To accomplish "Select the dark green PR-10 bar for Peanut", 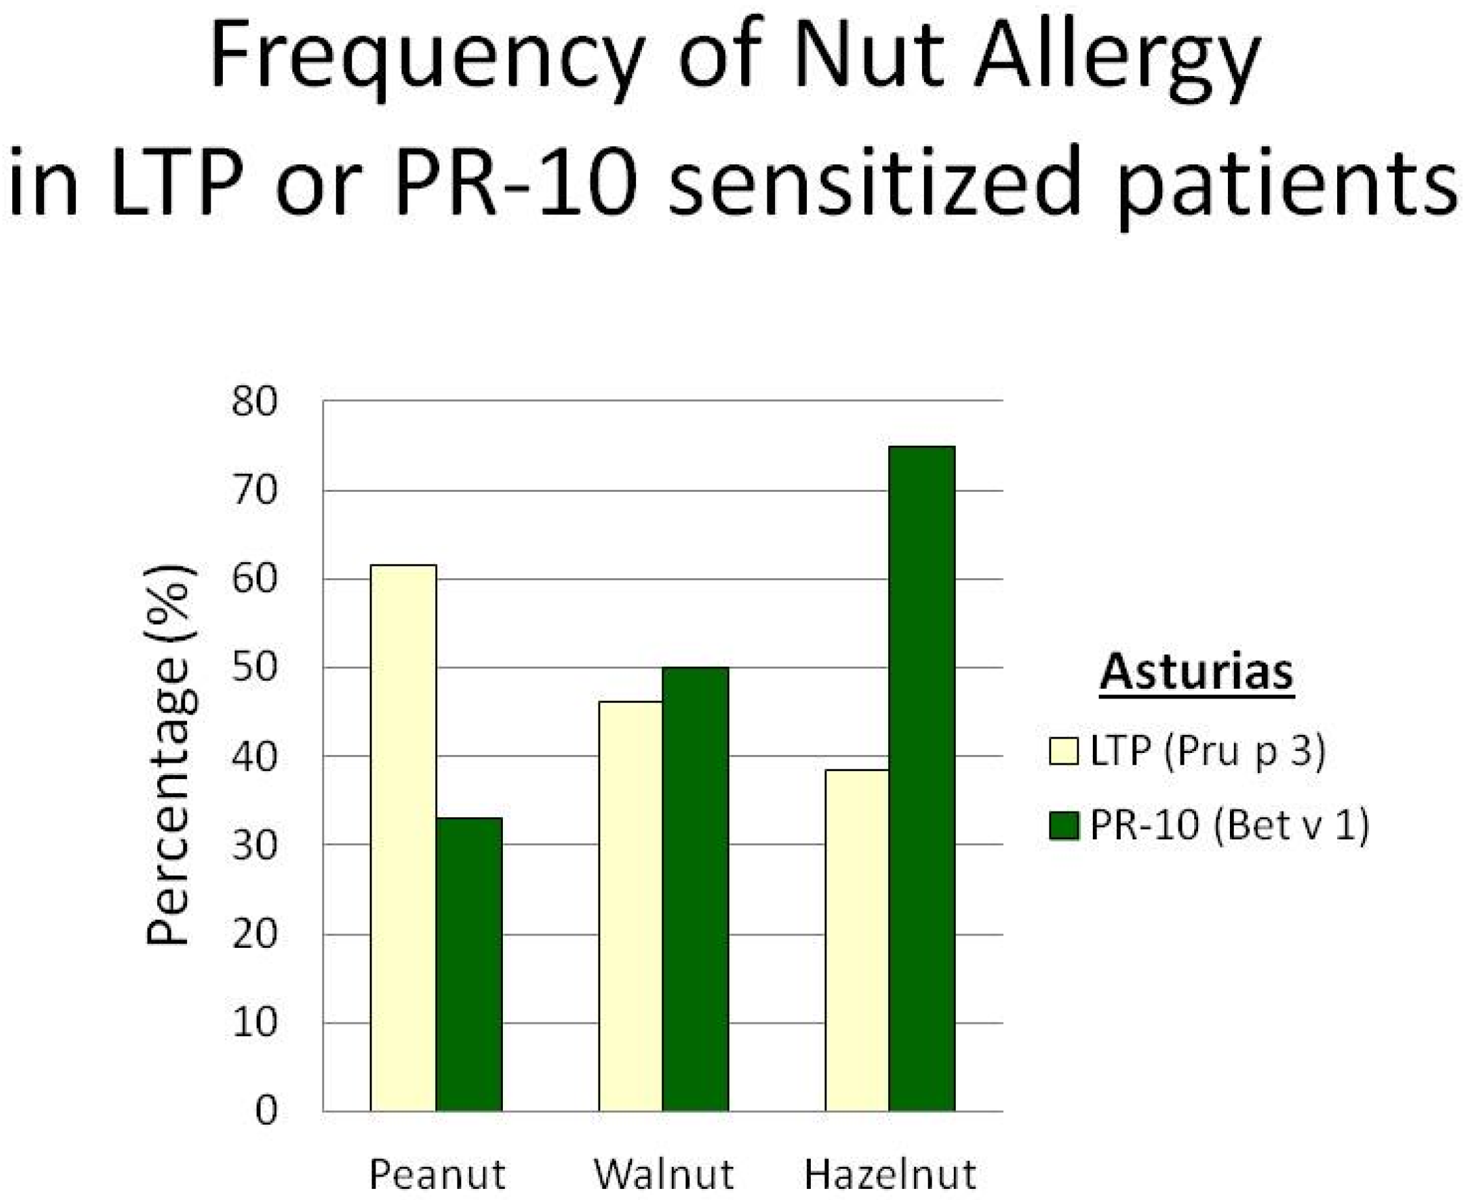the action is coord(469,964).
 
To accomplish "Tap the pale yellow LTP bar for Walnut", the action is coord(630,906).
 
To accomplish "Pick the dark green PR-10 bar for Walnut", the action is coord(695,889).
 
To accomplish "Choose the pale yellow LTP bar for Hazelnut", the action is coord(857,940).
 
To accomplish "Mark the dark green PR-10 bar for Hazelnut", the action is coord(922,778).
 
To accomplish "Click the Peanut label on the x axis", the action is coord(438,1175).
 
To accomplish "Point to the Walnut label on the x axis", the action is coord(663,1175).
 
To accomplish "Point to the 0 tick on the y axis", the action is coord(266,1111).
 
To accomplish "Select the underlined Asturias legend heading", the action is coord(1197,672).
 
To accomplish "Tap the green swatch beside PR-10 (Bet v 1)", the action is coord(1064,825).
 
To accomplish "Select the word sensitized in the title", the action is coord(875,183).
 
